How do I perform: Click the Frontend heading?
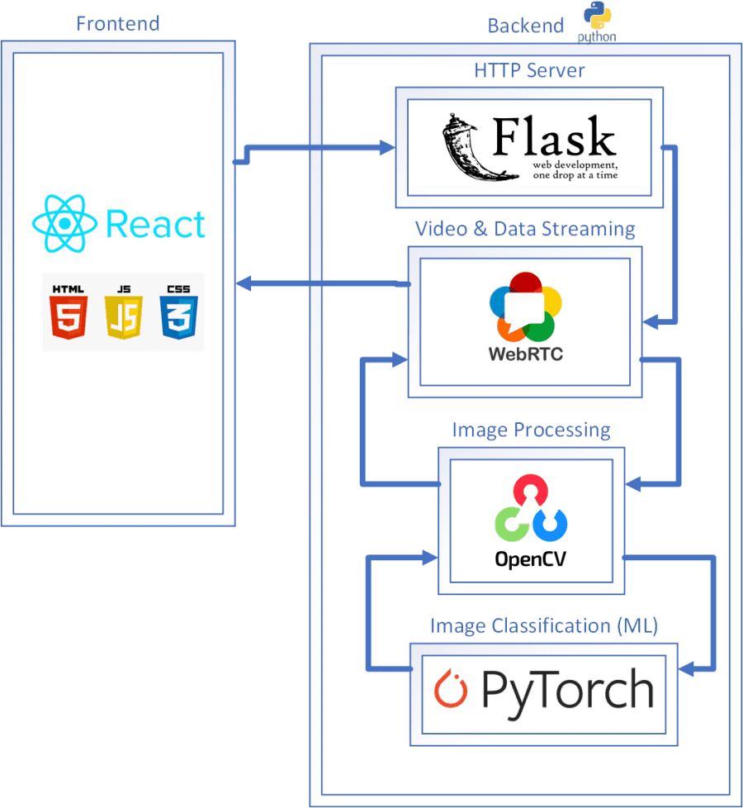click(x=117, y=22)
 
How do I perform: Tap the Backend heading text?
click(x=526, y=26)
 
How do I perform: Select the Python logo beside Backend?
click(x=598, y=21)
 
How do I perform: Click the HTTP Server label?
click(x=529, y=69)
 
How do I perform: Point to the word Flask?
click(x=554, y=138)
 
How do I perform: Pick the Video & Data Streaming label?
click(x=525, y=228)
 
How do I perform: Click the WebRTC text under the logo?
click(x=526, y=354)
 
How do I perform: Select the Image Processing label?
click(x=531, y=430)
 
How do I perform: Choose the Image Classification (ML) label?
click(x=543, y=625)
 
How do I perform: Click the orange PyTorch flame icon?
click(x=452, y=690)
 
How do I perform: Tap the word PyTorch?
click(x=566, y=690)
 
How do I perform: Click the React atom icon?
click(x=64, y=224)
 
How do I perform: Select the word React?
click(x=155, y=225)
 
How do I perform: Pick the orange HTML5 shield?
click(x=69, y=312)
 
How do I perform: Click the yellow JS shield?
click(x=123, y=312)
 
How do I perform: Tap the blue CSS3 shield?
click(x=177, y=312)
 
